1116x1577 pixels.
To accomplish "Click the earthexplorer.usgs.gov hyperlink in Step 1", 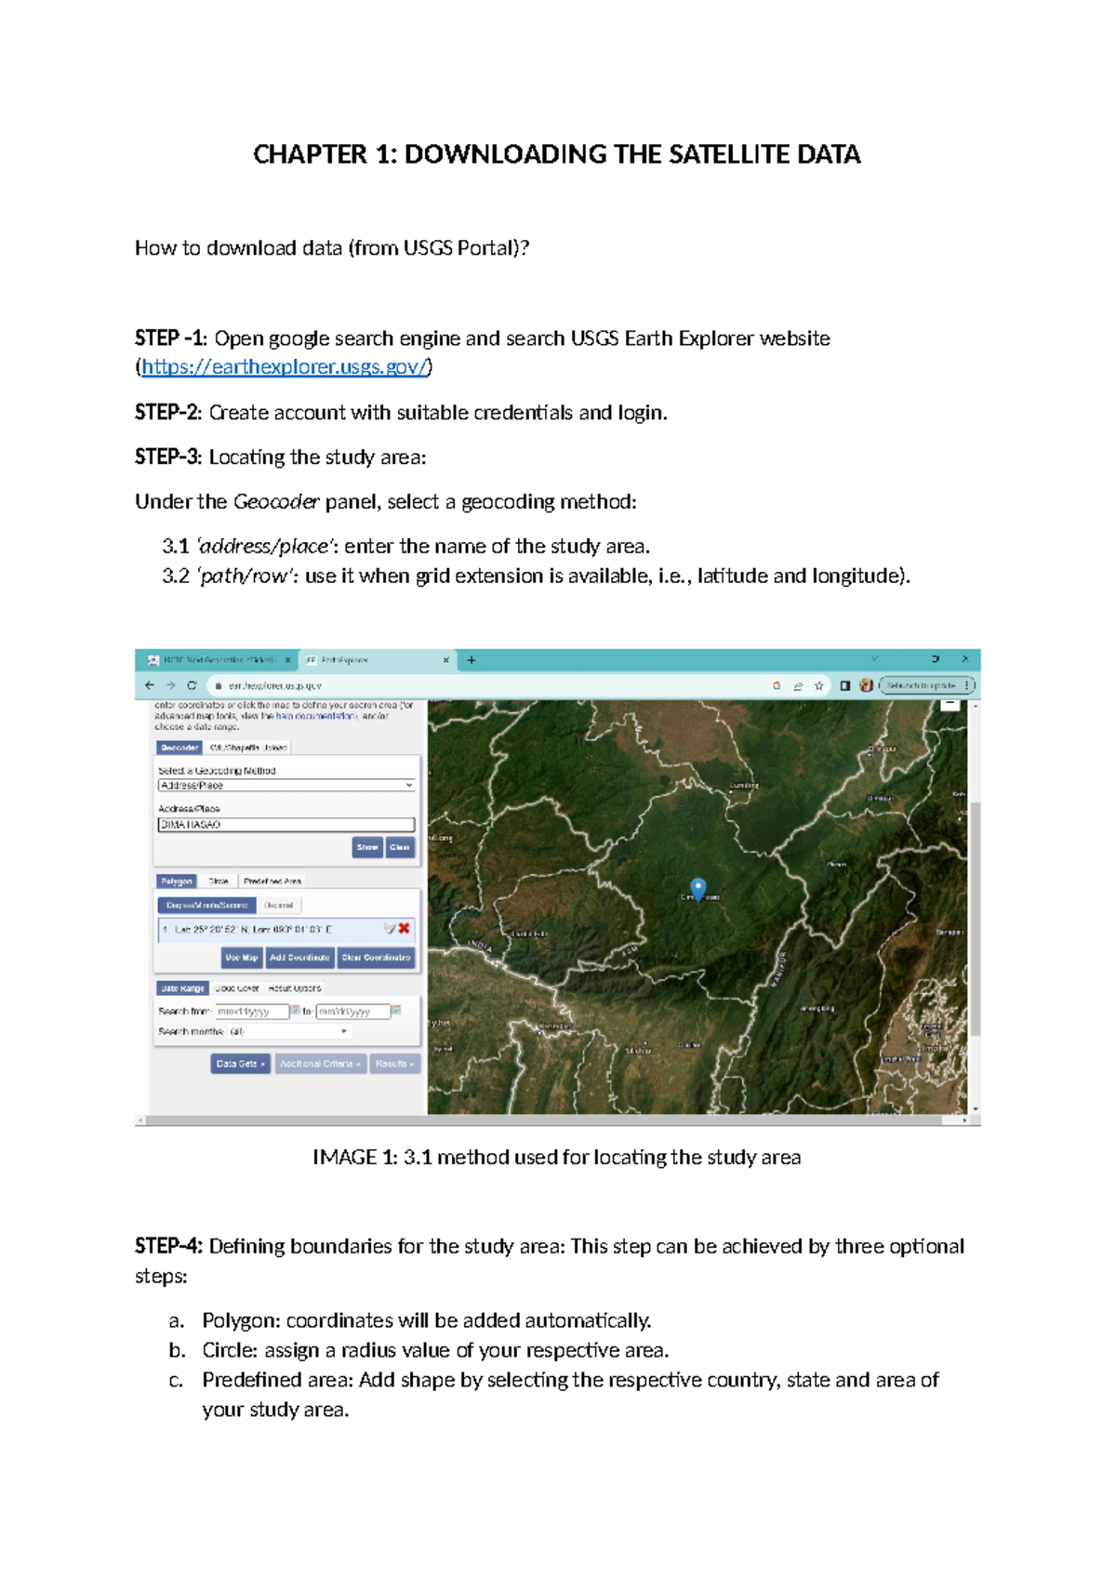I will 285,367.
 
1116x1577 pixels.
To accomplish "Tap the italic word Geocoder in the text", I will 276,502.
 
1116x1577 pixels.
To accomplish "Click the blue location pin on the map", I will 698,887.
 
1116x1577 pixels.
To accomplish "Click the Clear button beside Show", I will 400,847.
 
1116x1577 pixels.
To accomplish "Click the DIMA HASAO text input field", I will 286,825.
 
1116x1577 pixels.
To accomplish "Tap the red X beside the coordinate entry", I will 405,928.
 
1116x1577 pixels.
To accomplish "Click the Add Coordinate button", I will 299,957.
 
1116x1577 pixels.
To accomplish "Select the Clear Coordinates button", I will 376,957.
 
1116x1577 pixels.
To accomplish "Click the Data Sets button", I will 240,1064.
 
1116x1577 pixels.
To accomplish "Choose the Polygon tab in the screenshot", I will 176,881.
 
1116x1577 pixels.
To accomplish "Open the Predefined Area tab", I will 272,881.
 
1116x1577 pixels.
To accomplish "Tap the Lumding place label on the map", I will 744,786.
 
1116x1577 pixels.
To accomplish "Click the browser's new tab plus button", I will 472,660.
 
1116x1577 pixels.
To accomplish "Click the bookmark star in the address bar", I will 819,685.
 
